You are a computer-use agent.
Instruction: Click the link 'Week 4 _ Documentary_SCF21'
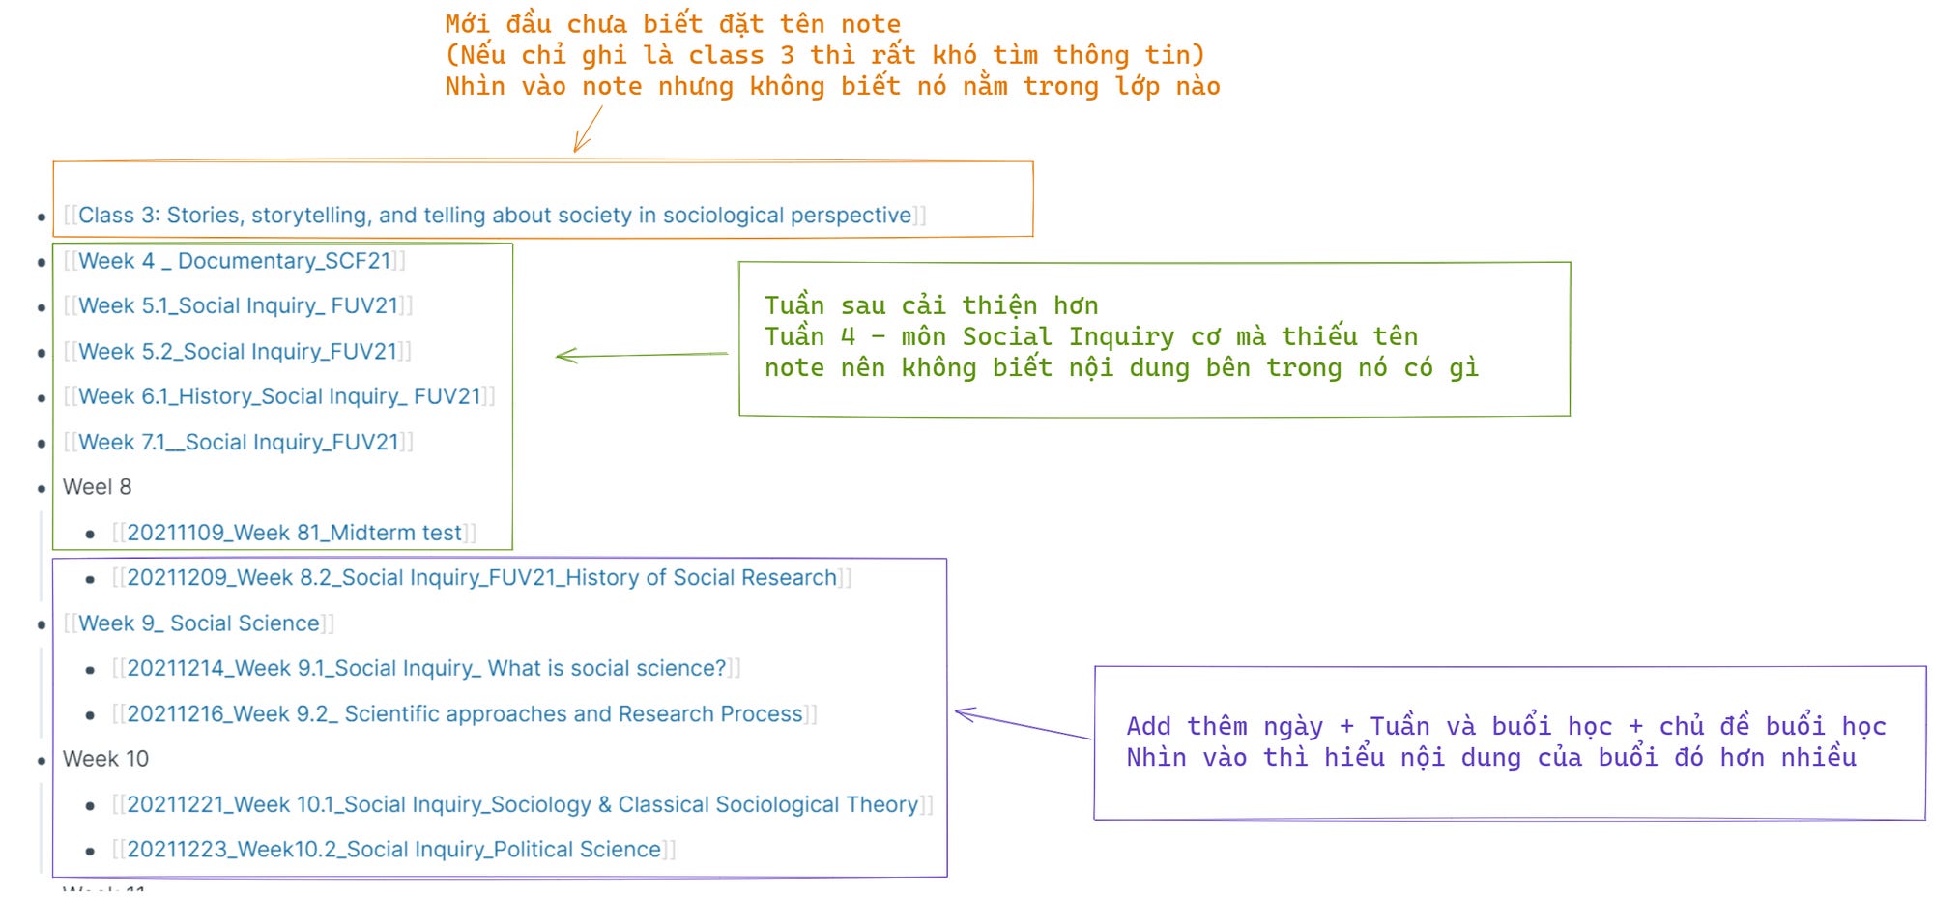coord(235,261)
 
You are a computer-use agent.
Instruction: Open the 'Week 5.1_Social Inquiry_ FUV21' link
coord(238,306)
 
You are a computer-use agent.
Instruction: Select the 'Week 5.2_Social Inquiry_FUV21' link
coord(238,352)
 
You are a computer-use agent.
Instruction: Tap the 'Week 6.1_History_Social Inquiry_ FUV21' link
coord(279,396)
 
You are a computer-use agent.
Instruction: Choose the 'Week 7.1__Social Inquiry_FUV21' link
coord(239,443)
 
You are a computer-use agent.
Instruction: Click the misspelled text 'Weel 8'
coord(97,487)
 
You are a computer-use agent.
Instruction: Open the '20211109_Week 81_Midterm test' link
coord(294,533)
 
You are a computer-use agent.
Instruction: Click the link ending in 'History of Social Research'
coord(481,578)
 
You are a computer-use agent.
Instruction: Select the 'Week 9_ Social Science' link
coord(198,623)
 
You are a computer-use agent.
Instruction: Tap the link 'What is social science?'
coord(426,669)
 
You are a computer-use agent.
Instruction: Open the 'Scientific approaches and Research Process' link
coord(465,714)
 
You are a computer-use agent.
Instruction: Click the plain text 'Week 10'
coord(105,759)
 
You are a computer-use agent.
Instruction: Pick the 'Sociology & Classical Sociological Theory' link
coord(523,804)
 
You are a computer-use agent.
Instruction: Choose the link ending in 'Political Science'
coord(393,850)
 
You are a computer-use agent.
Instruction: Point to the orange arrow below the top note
coord(587,130)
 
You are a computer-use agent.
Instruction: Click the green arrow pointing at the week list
coord(641,355)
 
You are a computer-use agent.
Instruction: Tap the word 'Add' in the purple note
coord(1148,726)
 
